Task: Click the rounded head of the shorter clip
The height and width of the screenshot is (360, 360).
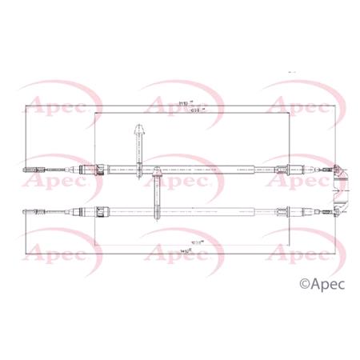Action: [x=158, y=170]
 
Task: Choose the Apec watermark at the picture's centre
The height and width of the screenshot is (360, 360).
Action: [x=178, y=181]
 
